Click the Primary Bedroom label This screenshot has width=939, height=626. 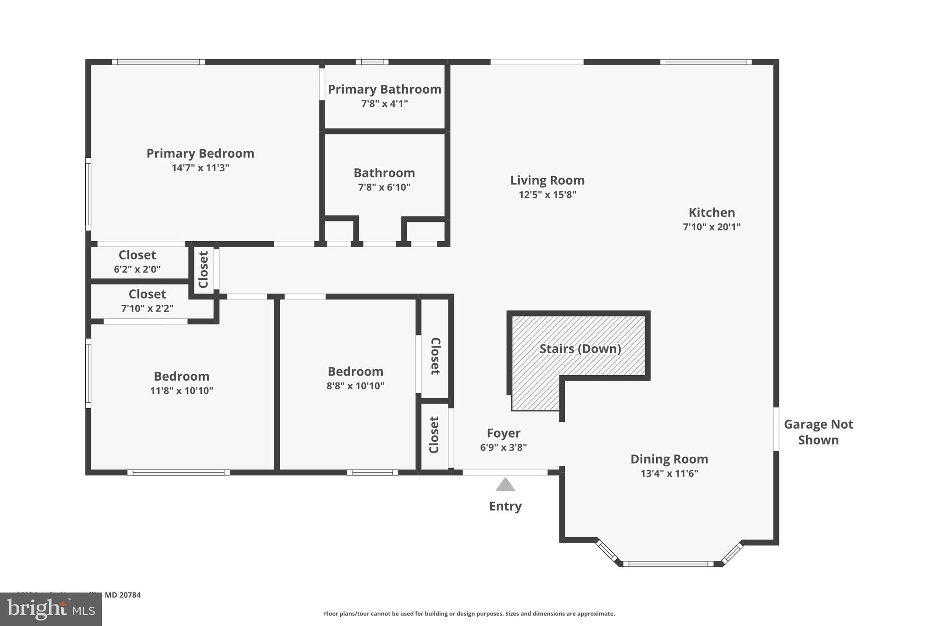[200, 153]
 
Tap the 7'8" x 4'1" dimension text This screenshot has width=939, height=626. [384, 104]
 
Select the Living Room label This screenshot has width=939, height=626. [547, 180]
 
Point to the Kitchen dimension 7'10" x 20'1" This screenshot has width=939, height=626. [711, 227]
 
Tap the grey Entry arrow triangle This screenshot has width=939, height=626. [505, 485]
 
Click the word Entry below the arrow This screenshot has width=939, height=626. [505, 506]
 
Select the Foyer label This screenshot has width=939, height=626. [503, 433]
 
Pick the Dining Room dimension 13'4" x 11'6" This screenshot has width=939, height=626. [669, 473]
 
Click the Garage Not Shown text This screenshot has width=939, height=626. [818, 432]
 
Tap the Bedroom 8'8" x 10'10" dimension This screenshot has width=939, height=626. [355, 386]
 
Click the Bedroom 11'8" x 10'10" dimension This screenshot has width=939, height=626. [181, 391]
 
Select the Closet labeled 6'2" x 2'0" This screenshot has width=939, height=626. [137, 262]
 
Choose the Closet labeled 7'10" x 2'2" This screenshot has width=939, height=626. [147, 301]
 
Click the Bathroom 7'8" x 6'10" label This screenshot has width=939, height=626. [384, 173]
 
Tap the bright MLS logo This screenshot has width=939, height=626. [50, 609]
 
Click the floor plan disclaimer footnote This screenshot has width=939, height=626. [469, 614]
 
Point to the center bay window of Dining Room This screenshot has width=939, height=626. [668, 564]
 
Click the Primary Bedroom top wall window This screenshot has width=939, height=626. [158, 62]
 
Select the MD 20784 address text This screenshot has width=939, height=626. [122, 595]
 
